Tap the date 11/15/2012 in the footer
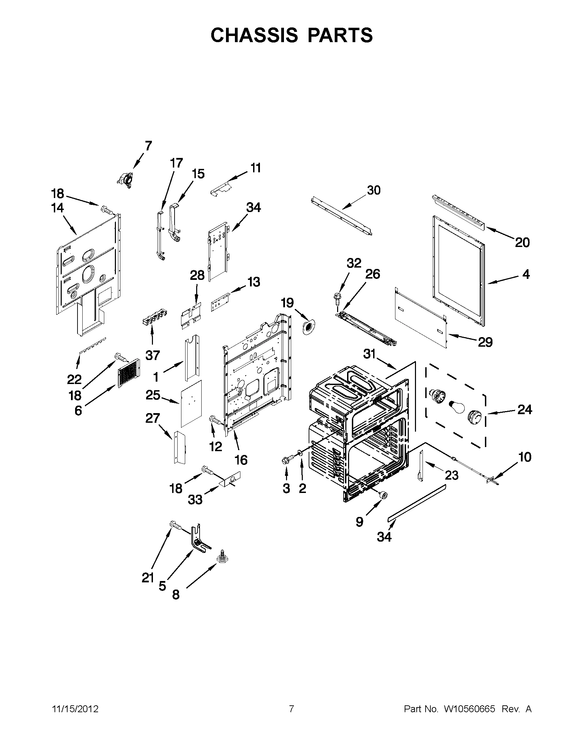tap(75, 709)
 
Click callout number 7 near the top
tap(148, 146)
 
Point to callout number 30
tap(373, 190)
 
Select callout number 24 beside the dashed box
tap(525, 409)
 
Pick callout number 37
tap(152, 355)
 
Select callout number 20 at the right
tap(522, 243)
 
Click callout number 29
tap(485, 342)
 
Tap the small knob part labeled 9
tap(383, 495)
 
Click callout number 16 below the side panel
tap(241, 459)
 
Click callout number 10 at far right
tap(525, 457)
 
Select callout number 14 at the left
tap(57, 208)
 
